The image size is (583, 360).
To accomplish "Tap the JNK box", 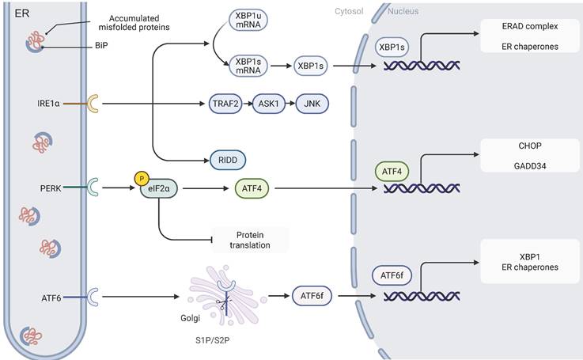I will (312, 104).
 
